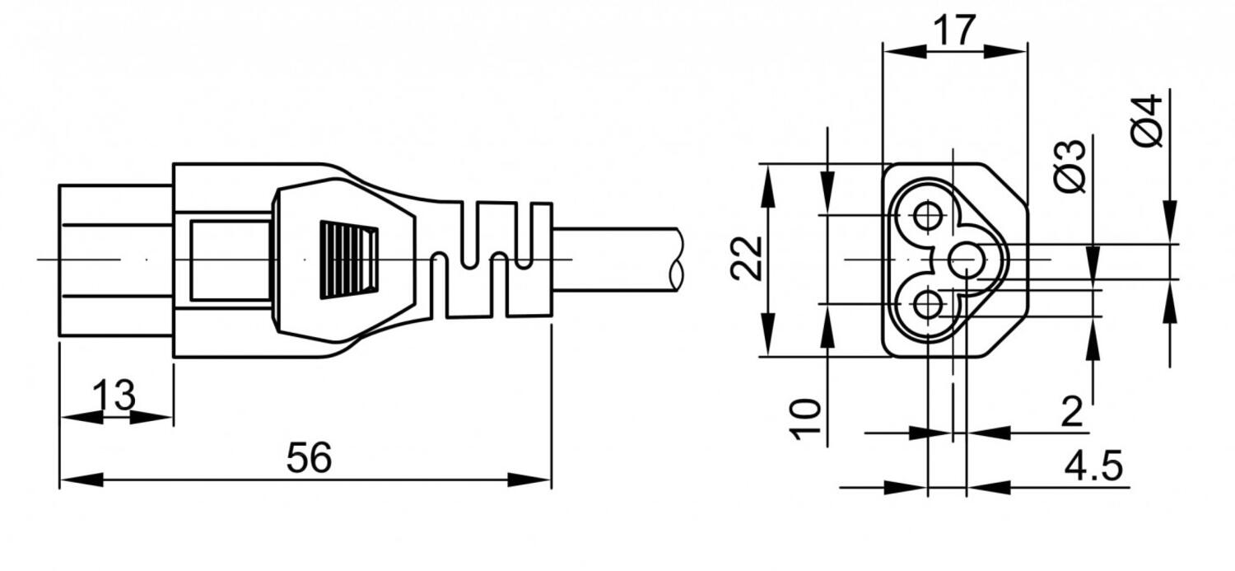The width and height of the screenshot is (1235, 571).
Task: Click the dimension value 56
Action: point(309,458)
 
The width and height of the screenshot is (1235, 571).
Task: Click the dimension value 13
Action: point(114,396)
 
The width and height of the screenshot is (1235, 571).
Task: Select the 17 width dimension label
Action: point(954,30)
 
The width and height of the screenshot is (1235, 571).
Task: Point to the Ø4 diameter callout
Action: point(1146,120)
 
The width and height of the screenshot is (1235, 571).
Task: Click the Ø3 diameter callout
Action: point(1070,166)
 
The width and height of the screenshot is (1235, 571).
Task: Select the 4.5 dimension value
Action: point(1093,466)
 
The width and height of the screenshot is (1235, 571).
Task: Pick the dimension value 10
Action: point(807,419)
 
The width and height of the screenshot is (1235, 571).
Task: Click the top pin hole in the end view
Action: point(928,216)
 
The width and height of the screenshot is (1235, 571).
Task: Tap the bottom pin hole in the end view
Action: point(928,305)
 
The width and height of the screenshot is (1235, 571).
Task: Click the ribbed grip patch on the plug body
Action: point(349,259)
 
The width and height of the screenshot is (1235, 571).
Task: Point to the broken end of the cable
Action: point(676,259)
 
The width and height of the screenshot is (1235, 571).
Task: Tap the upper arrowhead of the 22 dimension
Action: point(767,177)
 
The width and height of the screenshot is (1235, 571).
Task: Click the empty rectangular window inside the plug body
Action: point(231,260)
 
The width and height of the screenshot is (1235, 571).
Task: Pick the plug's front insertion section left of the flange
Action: point(115,260)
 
